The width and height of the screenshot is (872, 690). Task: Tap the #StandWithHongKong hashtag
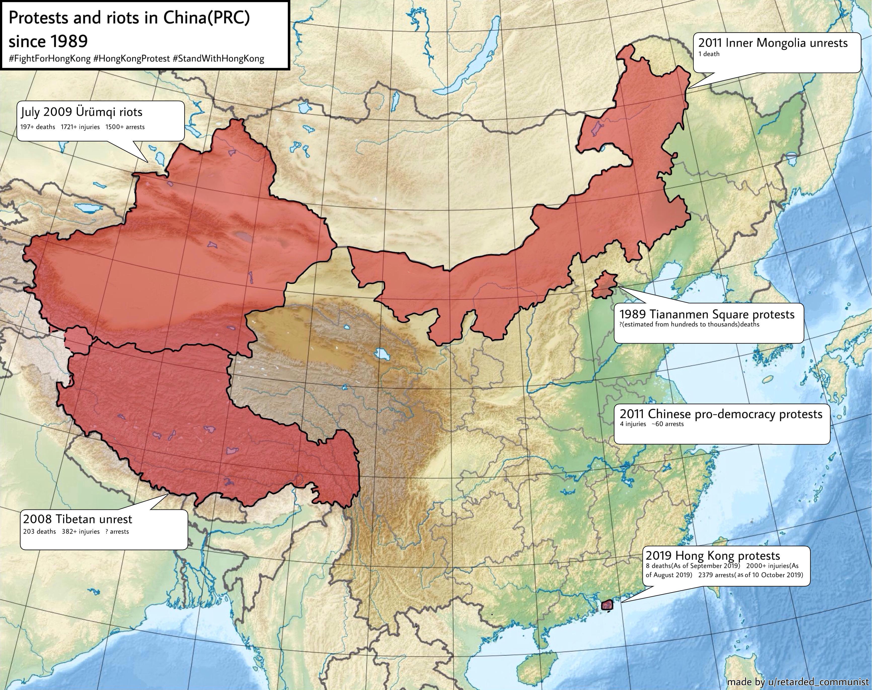coord(218,59)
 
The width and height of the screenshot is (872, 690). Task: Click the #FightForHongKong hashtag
coord(50,59)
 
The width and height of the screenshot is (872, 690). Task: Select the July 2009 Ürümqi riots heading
coord(82,112)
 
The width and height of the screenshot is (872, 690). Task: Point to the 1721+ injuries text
coord(80,127)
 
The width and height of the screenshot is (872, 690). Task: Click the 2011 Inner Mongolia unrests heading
coord(773,43)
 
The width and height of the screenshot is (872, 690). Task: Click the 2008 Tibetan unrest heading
coord(78,519)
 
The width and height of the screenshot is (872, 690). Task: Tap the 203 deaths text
coord(40,532)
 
